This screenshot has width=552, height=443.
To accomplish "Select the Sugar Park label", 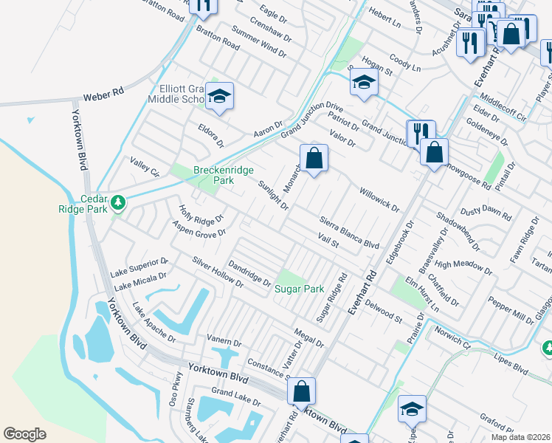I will pyautogui.click(x=300, y=289).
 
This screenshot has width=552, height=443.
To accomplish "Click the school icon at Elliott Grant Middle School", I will pyautogui.click(x=219, y=97).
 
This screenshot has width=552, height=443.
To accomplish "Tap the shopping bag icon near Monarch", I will pyautogui.click(x=314, y=157).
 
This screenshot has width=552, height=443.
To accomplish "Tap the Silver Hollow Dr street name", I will pyautogui.click(x=218, y=272).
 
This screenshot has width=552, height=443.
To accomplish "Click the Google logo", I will pyautogui.click(x=25, y=433).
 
